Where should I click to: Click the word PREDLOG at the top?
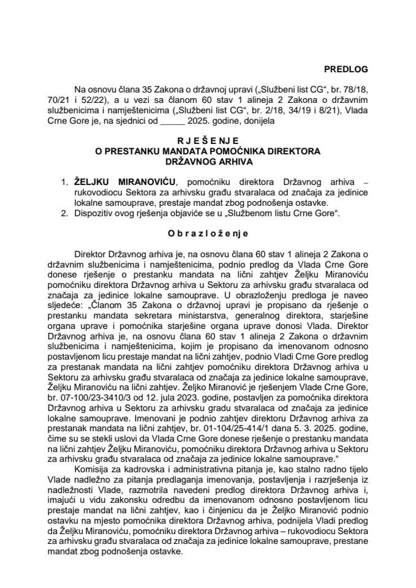pos(347,70)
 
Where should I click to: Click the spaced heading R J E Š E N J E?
pos(208,140)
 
